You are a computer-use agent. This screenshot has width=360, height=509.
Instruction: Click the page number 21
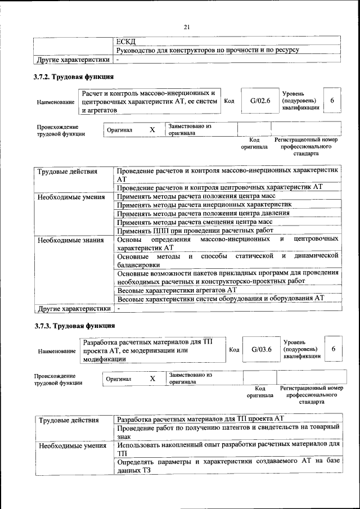[187, 27]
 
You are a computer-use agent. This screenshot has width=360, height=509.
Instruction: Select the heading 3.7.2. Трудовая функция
[74, 76]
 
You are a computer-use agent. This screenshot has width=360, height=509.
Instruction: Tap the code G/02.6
[260, 101]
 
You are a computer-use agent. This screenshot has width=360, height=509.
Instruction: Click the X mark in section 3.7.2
[152, 130]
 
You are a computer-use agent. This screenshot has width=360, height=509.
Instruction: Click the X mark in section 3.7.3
[152, 379]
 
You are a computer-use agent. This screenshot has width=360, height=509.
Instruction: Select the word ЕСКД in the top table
[126, 41]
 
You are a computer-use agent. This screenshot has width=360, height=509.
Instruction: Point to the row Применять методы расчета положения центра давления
[203, 214]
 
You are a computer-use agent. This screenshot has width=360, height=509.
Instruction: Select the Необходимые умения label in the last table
[72, 445]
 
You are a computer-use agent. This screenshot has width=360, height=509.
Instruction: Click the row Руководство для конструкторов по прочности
[207, 50]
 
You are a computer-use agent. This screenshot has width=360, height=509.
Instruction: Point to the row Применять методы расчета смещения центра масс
[195, 222]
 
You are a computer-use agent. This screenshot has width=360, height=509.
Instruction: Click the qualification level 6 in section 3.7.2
[332, 101]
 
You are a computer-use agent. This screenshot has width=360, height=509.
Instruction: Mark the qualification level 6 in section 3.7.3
[333, 349]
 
